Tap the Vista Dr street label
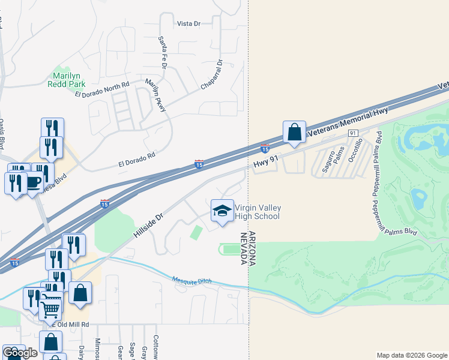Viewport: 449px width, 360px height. click(188, 23)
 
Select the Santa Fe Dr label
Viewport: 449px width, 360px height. click(161, 52)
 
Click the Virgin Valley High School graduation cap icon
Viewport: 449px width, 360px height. click(222, 211)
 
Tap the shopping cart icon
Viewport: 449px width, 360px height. click(50, 309)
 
